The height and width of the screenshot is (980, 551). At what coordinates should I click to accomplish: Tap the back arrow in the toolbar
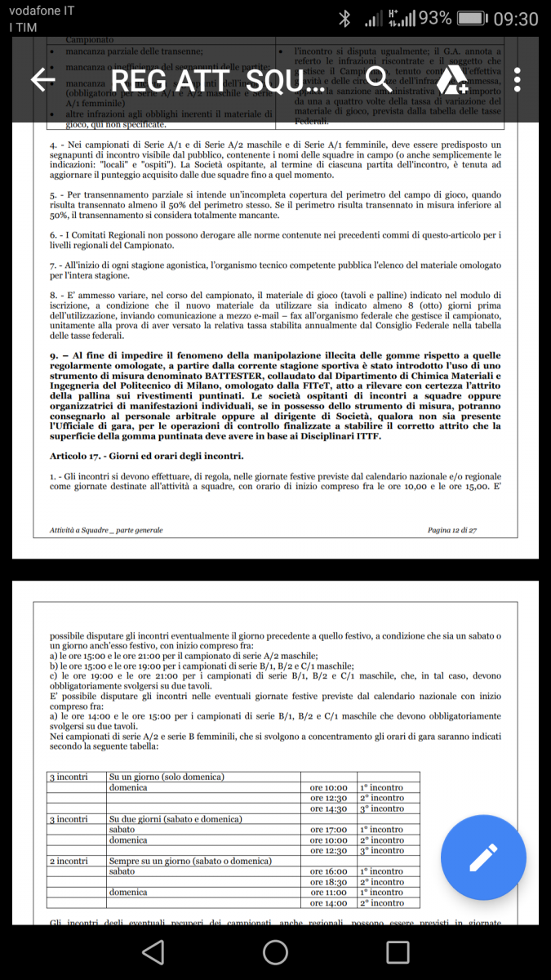(42, 79)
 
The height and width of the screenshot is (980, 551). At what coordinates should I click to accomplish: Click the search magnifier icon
(379, 79)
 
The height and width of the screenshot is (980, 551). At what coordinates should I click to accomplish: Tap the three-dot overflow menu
(518, 79)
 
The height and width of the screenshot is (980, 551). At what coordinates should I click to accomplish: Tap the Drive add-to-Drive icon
(449, 80)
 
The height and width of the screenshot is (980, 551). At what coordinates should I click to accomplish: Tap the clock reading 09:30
(517, 18)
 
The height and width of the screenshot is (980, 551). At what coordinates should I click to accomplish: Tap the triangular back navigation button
(153, 951)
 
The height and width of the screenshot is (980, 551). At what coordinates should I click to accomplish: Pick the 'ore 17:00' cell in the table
(329, 829)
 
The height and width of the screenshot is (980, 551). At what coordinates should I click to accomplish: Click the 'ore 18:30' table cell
(329, 882)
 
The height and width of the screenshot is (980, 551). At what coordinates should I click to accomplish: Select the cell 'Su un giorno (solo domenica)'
(167, 776)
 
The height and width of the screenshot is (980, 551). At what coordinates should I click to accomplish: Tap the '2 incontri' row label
(69, 861)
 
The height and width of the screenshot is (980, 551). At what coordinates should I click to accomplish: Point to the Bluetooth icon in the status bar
(345, 18)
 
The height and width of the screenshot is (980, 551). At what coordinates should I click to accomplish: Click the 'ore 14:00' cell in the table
(329, 903)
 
